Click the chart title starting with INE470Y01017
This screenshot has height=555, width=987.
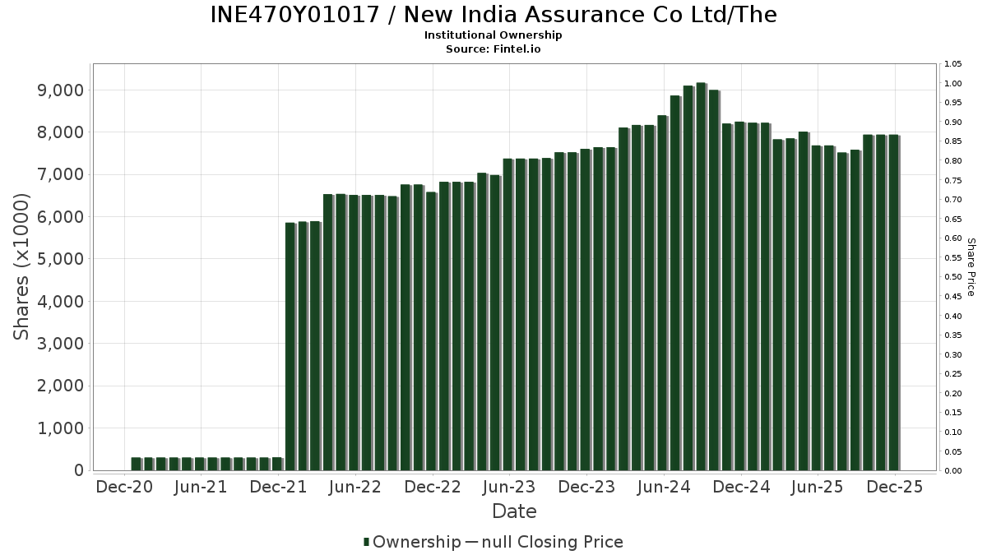pyautogui.click(x=493, y=15)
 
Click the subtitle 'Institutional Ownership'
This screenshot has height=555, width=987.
pyautogui.click(x=493, y=35)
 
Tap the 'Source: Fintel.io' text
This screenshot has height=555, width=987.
pyautogui.click(x=493, y=49)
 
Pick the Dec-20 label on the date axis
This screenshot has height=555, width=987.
pyautogui.click(x=124, y=487)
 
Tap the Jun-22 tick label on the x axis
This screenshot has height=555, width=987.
pyautogui.click(x=355, y=487)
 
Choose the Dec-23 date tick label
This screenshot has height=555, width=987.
pyautogui.click(x=586, y=487)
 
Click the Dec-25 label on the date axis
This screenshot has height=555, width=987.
pyautogui.click(x=895, y=487)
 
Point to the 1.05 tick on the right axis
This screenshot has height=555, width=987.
pyautogui.click(x=953, y=64)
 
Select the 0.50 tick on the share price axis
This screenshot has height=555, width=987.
pyautogui.click(x=953, y=277)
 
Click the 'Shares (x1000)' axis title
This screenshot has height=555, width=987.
pyautogui.click(x=22, y=266)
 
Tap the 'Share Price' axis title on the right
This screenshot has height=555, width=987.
pyautogui.click(x=971, y=266)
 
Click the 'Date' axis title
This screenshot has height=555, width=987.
pyautogui.click(x=514, y=511)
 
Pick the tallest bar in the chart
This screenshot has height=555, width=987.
pyautogui.click(x=701, y=276)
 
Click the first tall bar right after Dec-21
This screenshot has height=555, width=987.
pyautogui.click(x=290, y=346)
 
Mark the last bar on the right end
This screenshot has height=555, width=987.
pyautogui.click(x=893, y=303)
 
